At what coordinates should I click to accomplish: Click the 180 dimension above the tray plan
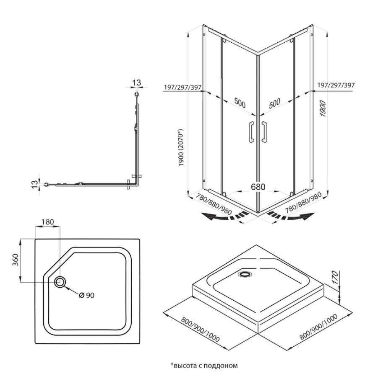[x=48, y=222]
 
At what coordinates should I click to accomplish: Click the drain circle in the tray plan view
[x=60, y=282]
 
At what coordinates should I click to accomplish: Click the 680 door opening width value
[x=258, y=187]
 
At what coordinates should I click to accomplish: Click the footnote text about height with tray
[x=203, y=366]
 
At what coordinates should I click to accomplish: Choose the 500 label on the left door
[x=239, y=103]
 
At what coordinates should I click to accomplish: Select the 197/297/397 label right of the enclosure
[x=336, y=85]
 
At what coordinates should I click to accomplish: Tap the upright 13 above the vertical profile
[x=136, y=83]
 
